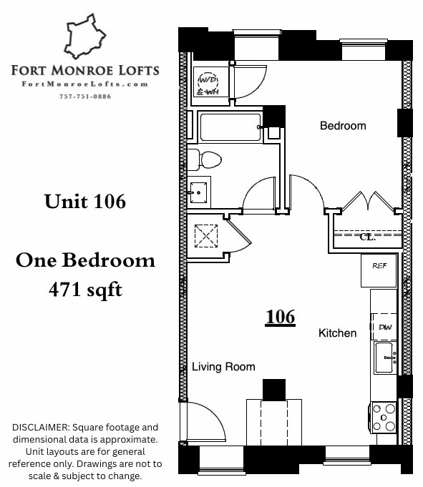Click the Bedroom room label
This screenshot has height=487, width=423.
click(x=342, y=126)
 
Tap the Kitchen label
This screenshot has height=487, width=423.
click(x=337, y=333)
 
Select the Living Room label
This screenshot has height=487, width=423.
click(x=223, y=367)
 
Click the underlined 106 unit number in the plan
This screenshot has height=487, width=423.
click(x=279, y=316)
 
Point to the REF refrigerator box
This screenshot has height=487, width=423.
click(x=379, y=265)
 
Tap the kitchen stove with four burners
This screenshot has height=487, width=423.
click(x=385, y=417)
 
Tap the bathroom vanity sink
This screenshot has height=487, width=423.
click(x=199, y=191)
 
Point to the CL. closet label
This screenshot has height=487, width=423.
click(x=367, y=237)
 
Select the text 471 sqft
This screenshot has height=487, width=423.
click(x=85, y=290)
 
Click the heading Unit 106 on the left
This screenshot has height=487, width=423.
click(x=85, y=202)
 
